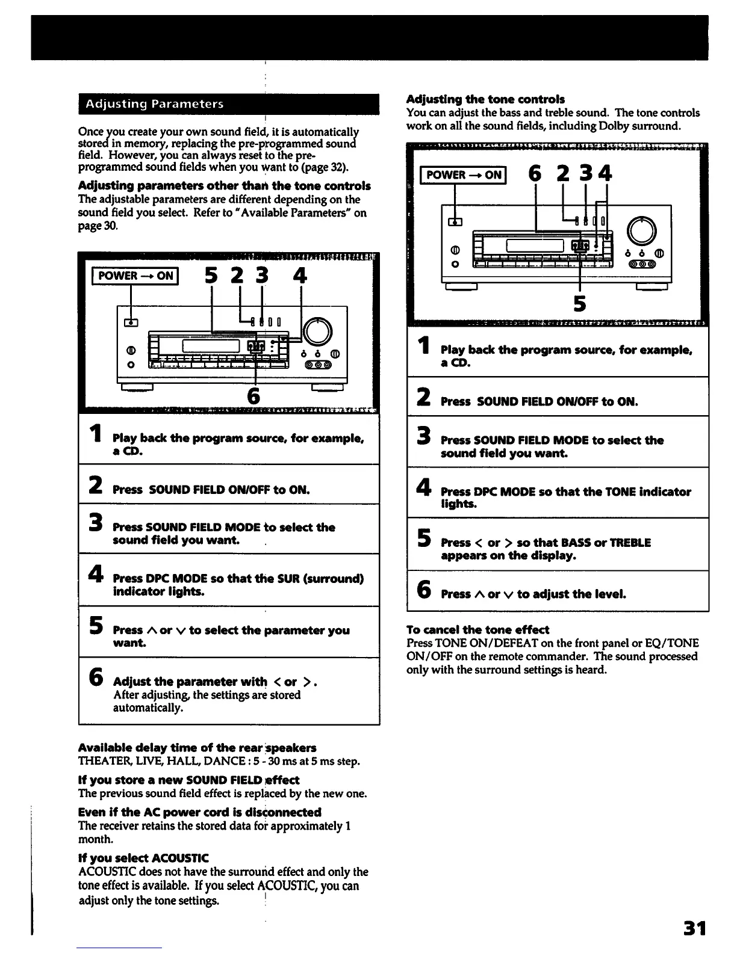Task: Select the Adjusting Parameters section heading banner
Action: tap(228, 104)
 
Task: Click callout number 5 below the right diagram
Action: tap(579, 303)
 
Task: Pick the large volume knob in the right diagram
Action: tap(641, 229)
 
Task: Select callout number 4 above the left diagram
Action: tap(300, 276)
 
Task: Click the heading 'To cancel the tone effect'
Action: tap(477, 630)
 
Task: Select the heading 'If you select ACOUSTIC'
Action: tap(135, 858)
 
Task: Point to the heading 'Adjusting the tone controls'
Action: tap(485, 99)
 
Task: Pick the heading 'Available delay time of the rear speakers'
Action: tap(197, 748)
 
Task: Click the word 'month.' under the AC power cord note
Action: tap(96, 839)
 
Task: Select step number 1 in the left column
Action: tap(95, 434)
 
